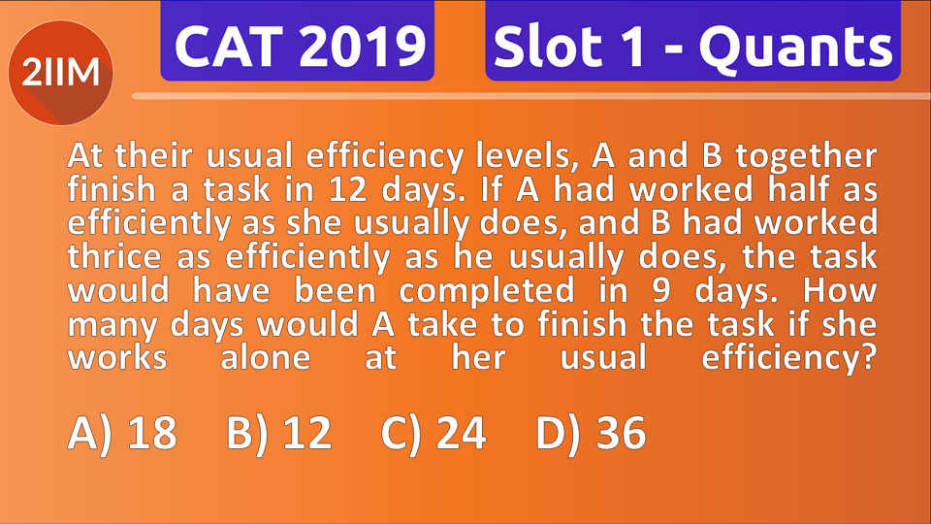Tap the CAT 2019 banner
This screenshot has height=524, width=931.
[298, 45]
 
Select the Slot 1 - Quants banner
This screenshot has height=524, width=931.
[692, 45]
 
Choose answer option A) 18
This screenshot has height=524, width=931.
[122, 434]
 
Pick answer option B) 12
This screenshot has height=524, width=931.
[278, 434]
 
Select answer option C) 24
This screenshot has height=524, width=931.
[433, 434]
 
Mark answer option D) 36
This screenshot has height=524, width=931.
[591, 434]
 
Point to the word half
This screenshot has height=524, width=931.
[716, 189]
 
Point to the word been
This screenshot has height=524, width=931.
[326, 290]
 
